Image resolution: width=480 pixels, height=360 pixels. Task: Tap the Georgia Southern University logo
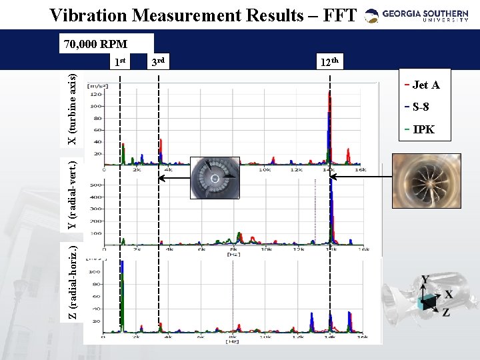coord(420,15)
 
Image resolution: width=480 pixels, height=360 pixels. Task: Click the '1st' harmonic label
coord(120,63)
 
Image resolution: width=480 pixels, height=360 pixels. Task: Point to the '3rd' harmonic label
coord(157,63)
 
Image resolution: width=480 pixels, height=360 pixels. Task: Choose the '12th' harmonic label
coord(330,63)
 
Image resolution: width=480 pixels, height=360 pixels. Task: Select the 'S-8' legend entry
coord(421,107)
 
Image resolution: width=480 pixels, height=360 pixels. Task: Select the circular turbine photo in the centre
coord(216,179)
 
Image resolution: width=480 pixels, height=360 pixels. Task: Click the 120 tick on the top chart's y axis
coord(97,95)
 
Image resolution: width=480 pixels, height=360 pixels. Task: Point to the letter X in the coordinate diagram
coord(448,294)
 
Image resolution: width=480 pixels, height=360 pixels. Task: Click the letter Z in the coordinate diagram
coord(445,312)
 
